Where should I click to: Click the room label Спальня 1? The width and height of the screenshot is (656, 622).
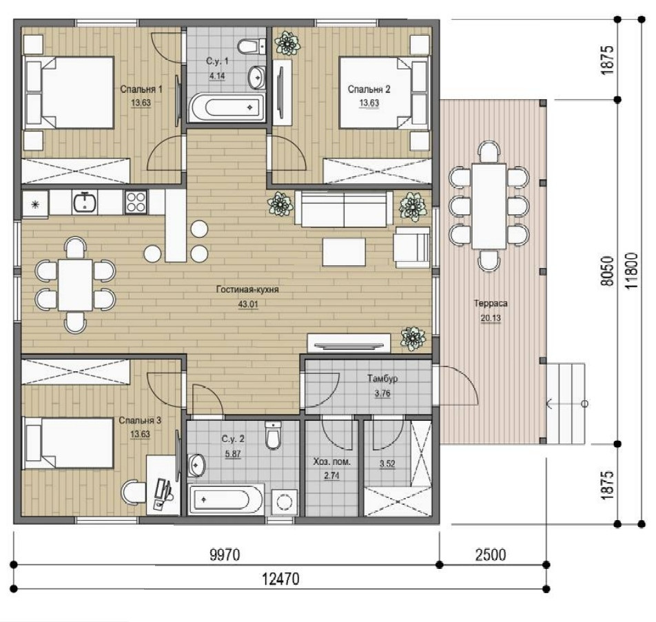click(x=141, y=89)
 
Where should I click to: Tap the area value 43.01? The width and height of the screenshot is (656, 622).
click(x=248, y=304)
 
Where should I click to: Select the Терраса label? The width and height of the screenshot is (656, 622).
click(x=491, y=303)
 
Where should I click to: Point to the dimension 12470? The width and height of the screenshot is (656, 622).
click(x=280, y=579)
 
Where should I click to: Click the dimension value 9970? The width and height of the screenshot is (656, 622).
click(x=225, y=555)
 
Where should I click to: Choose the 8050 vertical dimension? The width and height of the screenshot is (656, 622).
click(x=607, y=271)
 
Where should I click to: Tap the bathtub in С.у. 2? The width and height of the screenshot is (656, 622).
click(x=226, y=500)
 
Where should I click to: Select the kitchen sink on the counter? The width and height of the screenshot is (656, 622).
click(x=85, y=203)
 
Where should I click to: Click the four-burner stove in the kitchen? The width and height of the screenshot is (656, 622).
click(x=136, y=202)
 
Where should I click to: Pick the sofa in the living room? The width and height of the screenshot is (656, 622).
click(x=344, y=209)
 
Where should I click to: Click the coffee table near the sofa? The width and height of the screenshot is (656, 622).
click(x=344, y=252)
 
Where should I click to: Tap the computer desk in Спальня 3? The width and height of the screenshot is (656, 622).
click(x=163, y=485)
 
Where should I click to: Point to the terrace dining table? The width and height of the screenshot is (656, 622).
click(x=489, y=207)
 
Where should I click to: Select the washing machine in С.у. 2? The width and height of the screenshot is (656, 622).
click(x=285, y=502)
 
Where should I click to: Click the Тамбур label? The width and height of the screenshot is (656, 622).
click(x=382, y=379)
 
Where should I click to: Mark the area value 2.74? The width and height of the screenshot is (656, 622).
click(x=331, y=475)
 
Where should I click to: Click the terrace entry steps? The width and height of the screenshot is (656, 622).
click(x=566, y=403)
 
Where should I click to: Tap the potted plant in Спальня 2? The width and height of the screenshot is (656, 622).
click(x=287, y=43)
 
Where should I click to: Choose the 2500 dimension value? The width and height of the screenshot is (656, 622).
click(x=491, y=555)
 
